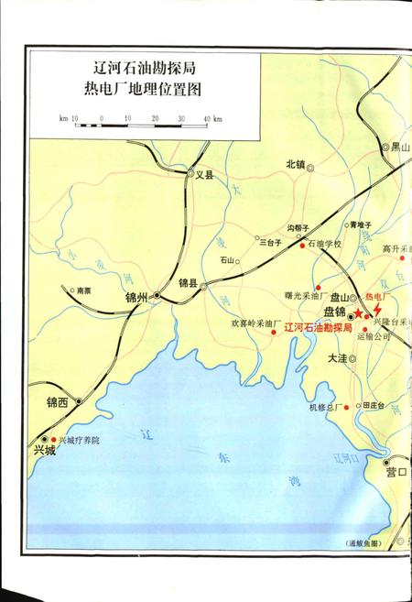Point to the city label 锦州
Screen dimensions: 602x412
[x=138, y=298]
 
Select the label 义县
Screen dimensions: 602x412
[x=203, y=174]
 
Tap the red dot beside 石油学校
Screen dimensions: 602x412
[x=302, y=246]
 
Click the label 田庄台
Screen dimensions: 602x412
[x=374, y=405]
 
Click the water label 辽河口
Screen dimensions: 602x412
[x=350, y=456]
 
